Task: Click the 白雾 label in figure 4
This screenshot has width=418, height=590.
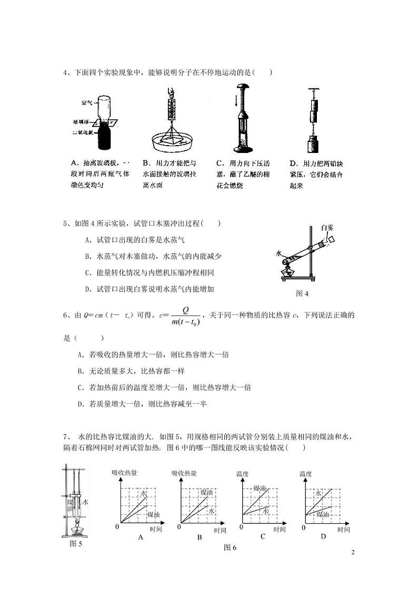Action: [x=327, y=228]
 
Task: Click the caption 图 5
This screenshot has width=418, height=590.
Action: [x=76, y=544]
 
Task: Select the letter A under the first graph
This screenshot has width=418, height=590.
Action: [x=140, y=537]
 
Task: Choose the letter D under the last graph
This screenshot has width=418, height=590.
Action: [x=323, y=536]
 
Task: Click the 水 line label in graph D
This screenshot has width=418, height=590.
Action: [x=318, y=494]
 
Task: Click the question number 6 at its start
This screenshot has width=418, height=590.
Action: [x=65, y=316]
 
